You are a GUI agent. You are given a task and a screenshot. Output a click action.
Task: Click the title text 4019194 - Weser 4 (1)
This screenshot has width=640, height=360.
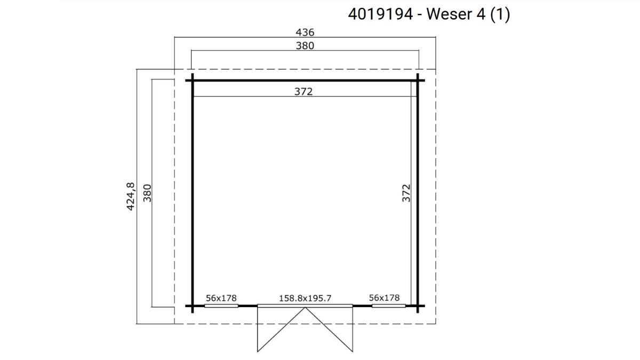coord(429,14)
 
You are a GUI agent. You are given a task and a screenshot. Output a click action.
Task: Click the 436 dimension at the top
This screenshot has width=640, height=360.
coord(305,33)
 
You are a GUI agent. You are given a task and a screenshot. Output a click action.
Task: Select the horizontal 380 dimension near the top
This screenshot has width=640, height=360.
coord(305,46)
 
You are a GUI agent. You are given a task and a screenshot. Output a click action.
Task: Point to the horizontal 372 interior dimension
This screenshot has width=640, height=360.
coord(303,91)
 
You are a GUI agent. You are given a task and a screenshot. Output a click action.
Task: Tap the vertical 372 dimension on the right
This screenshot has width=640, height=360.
coord(406,193)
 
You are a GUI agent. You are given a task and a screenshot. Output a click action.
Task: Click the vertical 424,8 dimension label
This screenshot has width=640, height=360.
coord(130,197)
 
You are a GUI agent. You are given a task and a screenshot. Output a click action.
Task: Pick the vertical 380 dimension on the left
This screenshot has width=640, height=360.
coord(147,193)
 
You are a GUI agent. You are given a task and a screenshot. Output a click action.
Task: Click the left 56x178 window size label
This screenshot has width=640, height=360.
coord(221,298)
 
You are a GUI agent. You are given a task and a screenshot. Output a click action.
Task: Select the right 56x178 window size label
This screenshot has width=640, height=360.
coord(384,298)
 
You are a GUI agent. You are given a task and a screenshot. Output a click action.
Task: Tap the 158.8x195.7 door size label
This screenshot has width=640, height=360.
coord(305,298)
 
